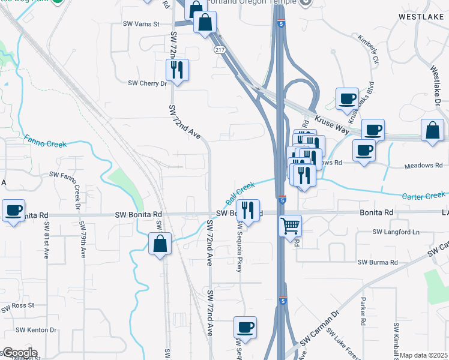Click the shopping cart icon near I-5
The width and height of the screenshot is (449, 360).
pyautogui.click(x=290, y=226)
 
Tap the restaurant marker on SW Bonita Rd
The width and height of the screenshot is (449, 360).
pyautogui.click(x=247, y=211)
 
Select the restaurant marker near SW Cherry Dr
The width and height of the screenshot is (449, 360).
pyautogui.click(x=177, y=70)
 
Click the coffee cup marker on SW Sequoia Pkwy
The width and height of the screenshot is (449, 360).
pyautogui.click(x=245, y=327)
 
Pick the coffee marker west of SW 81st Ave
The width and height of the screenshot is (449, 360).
pyautogui.click(x=13, y=211)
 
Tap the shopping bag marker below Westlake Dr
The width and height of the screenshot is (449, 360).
pyautogui.click(x=432, y=131)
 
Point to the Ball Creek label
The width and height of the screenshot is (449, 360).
pyautogui.click(x=240, y=193)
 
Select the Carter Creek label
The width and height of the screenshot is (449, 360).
pyautogui.click(x=424, y=195)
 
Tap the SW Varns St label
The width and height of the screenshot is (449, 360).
pyautogui.click(x=140, y=25)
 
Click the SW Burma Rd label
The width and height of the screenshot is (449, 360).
pyautogui.click(x=378, y=262)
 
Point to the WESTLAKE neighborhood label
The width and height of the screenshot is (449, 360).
pyautogui.click(x=420, y=18)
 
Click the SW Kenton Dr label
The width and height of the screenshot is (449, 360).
pyautogui.click(x=36, y=329)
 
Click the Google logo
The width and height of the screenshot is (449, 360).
pyautogui.click(x=19, y=353)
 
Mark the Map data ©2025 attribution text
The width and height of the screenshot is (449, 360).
pyautogui.click(x=424, y=355)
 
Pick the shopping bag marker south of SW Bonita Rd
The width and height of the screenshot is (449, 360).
pyautogui.click(x=160, y=244)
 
